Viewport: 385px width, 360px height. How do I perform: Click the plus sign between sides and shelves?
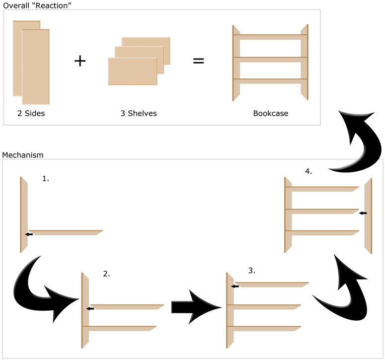click(80, 61)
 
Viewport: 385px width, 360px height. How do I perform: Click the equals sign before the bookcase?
click(198, 61)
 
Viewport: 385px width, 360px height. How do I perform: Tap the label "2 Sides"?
click(31, 113)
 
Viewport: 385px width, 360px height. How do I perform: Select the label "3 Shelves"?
click(139, 113)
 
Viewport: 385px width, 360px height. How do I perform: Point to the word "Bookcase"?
click(270, 113)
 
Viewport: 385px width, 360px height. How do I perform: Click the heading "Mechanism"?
click(23, 155)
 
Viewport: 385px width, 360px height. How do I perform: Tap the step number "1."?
click(46, 179)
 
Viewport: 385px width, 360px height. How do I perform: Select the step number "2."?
click(106, 274)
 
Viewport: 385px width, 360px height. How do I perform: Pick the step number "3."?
click(251, 271)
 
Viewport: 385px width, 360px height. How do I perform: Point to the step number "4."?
click(308, 171)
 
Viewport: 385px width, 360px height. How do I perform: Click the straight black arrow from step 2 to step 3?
click(196, 307)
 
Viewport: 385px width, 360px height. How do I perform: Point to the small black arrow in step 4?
click(363, 213)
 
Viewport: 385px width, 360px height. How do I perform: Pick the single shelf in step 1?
click(65, 232)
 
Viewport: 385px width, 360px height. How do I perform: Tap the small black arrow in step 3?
click(234, 286)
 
